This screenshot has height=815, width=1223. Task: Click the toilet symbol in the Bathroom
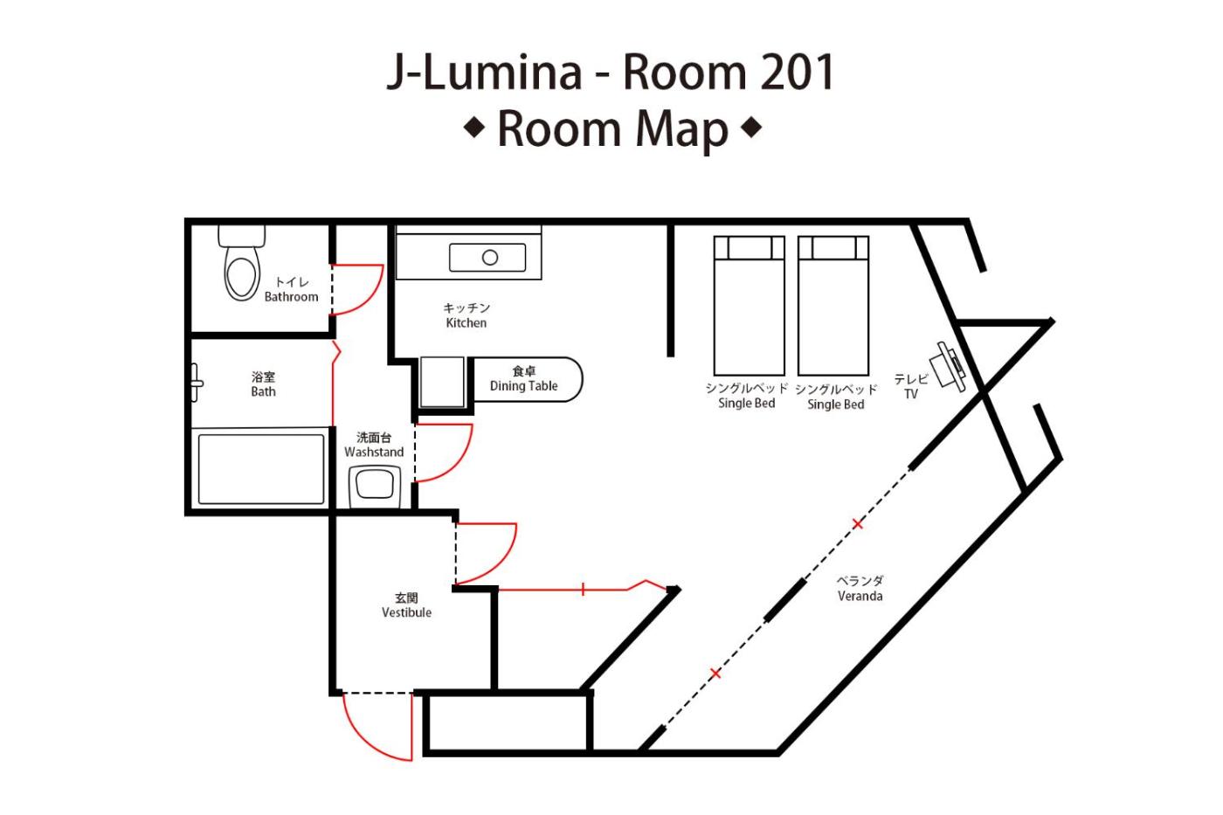coord(242,263)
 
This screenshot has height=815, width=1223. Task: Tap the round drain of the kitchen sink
coord(490,257)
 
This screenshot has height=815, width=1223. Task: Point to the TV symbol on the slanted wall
coord(949,366)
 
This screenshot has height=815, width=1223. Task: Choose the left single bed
coord(750,306)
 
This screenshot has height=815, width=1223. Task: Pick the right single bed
coord(833,306)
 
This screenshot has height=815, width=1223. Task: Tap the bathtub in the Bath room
coord(261,469)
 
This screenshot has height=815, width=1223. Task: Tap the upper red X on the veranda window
coord(858,524)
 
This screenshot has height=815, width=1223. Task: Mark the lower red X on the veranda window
coord(715,673)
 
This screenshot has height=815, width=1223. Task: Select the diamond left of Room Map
coord(473,128)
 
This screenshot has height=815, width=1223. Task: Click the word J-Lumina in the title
coord(484,73)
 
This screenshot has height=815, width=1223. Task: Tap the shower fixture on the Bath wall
coord(196,383)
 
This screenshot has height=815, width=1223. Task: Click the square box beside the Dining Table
coord(442,382)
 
